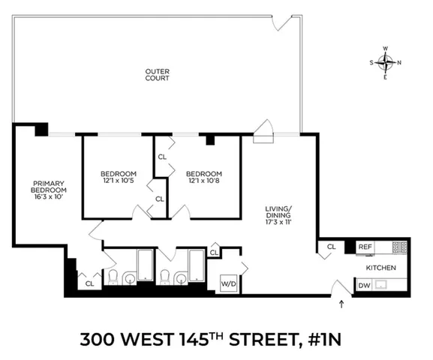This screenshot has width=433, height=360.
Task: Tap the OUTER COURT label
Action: (157, 76)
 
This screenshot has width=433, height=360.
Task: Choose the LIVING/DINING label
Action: (279, 212)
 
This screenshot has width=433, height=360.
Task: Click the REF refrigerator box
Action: (365, 247)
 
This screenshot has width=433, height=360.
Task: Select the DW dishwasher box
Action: (364, 285)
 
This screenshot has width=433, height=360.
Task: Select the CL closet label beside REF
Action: (331, 247)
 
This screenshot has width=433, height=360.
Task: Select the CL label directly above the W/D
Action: (214, 253)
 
